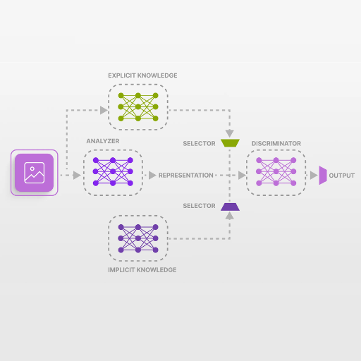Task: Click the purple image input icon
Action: pos(35,173)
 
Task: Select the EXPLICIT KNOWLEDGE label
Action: pos(142,75)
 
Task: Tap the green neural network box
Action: pos(138,107)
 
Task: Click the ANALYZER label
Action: pos(103,141)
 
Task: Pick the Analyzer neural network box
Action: pos(113,173)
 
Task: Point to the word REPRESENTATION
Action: pos(186,176)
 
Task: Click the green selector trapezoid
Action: pos(230,143)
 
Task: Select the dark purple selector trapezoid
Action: pos(230,207)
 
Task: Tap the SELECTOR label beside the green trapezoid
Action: pos(199,144)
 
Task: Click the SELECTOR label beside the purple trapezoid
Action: pos(199,206)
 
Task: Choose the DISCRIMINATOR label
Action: pos(276,144)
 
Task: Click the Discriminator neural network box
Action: pos(276,173)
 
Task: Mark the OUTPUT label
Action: pos(342,176)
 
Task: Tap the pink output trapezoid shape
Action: pos(323,176)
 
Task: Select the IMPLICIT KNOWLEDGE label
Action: pos(142,270)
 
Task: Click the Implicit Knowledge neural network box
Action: pos(138,238)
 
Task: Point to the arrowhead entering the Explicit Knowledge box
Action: pos(104,110)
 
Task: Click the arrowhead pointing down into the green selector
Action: pos(230,133)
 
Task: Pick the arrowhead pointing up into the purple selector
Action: pos(230,216)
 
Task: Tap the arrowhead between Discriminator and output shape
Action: pos(314,176)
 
